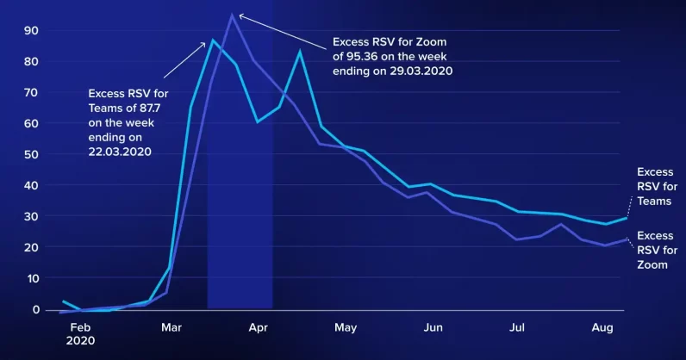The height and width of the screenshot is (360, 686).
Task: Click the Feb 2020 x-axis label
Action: tap(80, 333)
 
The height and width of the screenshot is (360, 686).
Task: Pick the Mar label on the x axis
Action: tap(170, 327)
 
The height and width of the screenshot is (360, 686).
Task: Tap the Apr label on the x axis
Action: tap(258, 327)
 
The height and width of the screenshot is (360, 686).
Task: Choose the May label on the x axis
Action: tap(346, 327)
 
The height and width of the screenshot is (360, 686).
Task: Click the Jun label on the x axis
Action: tap(433, 327)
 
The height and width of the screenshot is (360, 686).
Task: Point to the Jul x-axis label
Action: tap(518, 327)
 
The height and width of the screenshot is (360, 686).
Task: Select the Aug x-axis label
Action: tap(603, 327)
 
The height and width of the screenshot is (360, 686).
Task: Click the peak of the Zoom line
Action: tap(232, 14)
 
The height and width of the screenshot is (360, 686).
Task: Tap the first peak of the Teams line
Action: tap(212, 40)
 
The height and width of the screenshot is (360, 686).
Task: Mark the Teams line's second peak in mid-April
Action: tap(300, 52)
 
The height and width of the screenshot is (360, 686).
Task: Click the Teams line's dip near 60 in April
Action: tap(258, 121)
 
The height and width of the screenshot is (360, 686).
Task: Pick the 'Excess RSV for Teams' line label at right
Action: tap(654, 187)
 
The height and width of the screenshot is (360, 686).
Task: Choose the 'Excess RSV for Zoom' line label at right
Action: tap(654, 250)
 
